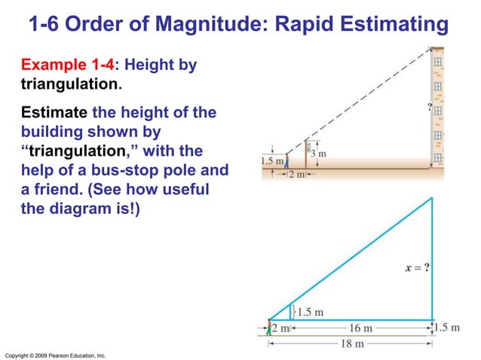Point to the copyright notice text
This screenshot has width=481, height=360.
(x=55, y=354)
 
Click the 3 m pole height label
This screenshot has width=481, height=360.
(x=322, y=154)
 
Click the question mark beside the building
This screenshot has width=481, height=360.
(x=429, y=107)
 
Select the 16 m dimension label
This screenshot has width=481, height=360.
(x=361, y=328)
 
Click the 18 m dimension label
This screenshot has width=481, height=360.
(x=348, y=343)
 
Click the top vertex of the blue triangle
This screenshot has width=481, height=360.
(x=432, y=197)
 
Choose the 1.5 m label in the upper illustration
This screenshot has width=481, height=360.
(x=271, y=160)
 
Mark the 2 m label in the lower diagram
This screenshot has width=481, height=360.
(x=280, y=328)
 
